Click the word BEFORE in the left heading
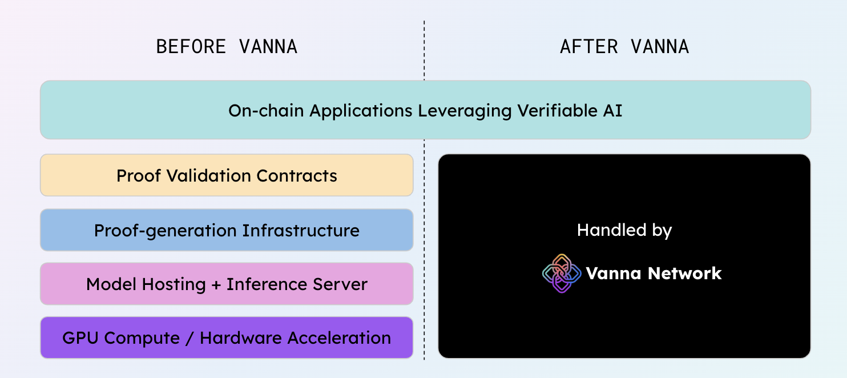pyautogui.click(x=191, y=47)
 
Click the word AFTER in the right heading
pyautogui.click(x=589, y=47)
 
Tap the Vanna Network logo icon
pyautogui.click(x=562, y=273)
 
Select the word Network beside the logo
pyautogui.click(x=685, y=273)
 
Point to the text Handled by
pyautogui.click(x=624, y=230)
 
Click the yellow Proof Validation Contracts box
pyautogui.click(x=227, y=175)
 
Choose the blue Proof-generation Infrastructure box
pyautogui.click(x=227, y=230)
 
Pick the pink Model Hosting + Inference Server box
pyautogui.click(x=227, y=284)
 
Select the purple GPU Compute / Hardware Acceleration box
pyautogui.click(x=227, y=337)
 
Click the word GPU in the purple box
pyautogui.click(x=80, y=338)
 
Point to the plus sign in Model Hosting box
pyautogui.click(x=216, y=285)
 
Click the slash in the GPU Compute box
pyautogui.click(x=189, y=338)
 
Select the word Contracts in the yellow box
pyautogui.click(x=297, y=175)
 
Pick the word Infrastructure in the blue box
pyautogui.click(x=301, y=231)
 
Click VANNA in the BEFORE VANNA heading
pyautogui.click(x=268, y=47)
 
